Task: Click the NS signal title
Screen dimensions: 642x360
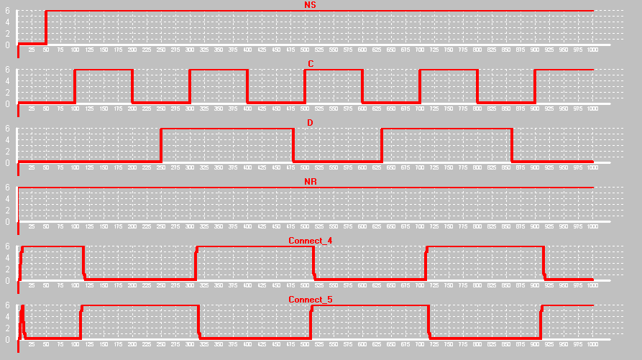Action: (x=310, y=5)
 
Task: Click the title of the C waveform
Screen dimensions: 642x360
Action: (x=310, y=64)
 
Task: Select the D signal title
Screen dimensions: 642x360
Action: (x=310, y=123)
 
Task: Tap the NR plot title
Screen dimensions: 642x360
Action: (x=310, y=182)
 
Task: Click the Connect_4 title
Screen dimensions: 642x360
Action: (x=310, y=240)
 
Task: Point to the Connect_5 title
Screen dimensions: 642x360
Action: (x=310, y=299)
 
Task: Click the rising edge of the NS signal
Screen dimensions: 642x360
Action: (x=46, y=27)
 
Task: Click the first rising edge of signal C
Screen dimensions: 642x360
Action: (x=75, y=86)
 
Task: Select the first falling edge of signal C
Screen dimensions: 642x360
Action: (x=132, y=86)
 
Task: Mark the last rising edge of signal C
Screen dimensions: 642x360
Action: (x=535, y=86)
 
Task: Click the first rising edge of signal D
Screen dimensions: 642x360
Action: (x=161, y=145)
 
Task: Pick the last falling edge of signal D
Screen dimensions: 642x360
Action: (x=512, y=145)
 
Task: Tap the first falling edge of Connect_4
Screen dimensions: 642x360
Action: (x=84, y=263)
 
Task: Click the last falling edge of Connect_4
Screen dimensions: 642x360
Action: (x=544, y=263)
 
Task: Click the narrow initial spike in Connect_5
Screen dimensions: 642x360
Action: (x=23, y=316)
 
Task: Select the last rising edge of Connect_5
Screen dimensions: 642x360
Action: (x=541, y=322)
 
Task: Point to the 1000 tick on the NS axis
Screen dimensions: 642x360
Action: (x=592, y=50)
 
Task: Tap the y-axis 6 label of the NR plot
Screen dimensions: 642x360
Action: (x=7, y=188)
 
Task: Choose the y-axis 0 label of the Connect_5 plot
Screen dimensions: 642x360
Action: (x=7, y=339)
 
